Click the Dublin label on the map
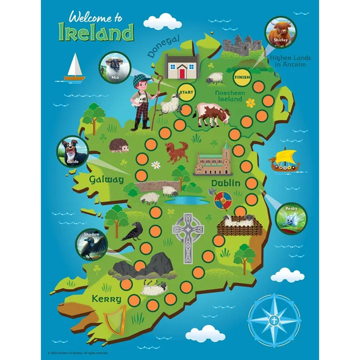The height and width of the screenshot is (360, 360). tap(225, 183)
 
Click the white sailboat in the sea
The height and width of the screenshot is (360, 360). tap(74, 67)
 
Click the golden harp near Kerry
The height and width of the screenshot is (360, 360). tap(115, 319)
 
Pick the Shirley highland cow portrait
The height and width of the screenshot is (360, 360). tap(280, 30)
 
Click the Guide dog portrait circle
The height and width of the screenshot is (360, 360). tap(72, 151)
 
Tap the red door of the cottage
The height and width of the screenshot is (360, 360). tap(182, 73)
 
